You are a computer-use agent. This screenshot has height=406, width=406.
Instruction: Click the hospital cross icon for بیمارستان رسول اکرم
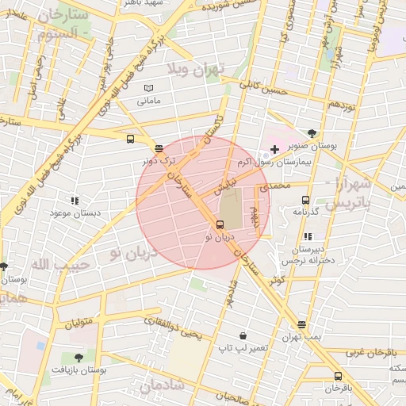tap(274, 149)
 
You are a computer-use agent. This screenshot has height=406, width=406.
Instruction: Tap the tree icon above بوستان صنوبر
tap(312, 134)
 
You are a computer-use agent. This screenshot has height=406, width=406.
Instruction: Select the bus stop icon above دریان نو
tap(220, 224)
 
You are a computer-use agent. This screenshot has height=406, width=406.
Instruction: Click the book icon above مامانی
tap(148, 89)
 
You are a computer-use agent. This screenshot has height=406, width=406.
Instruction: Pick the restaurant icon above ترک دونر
tap(159, 147)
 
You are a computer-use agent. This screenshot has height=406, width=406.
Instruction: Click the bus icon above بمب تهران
tap(301, 324)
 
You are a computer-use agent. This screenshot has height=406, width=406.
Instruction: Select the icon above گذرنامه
tap(305, 201)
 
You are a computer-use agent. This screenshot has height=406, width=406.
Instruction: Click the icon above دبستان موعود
tap(74, 201)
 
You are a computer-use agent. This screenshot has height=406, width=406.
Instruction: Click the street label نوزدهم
tap(347, 104)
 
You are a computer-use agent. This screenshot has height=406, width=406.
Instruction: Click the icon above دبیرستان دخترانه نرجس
tap(308, 236)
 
